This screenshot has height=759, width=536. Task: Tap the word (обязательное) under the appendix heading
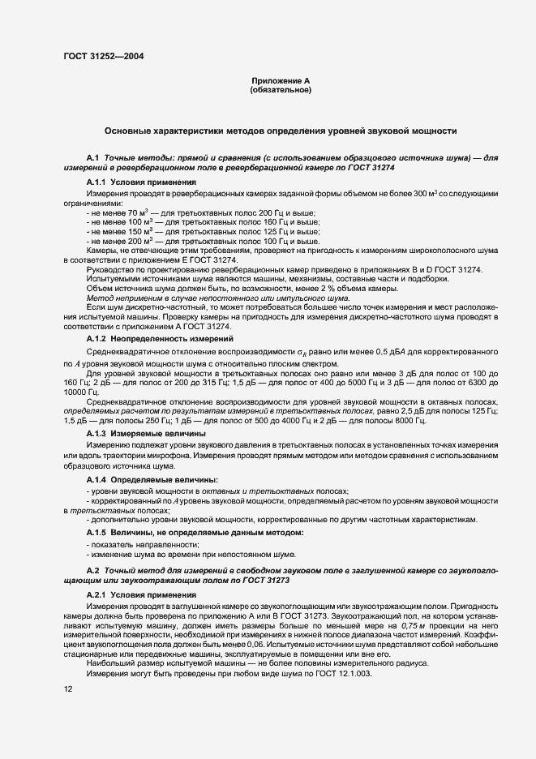click(281, 91)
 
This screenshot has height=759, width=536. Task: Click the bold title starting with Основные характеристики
click(281, 131)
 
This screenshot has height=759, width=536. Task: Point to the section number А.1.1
click(96, 183)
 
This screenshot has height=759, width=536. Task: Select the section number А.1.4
click(96, 479)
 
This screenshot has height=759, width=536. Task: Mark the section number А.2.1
click(96, 596)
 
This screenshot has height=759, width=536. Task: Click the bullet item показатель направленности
click(134, 545)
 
